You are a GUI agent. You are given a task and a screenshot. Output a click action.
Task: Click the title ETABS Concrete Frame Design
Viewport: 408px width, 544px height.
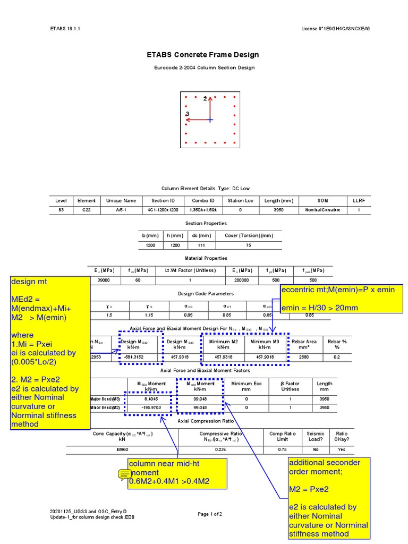pyautogui.click(x=203, y=55)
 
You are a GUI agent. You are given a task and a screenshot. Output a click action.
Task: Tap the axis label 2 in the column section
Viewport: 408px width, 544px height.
pyautogui.click(x=205, y=98)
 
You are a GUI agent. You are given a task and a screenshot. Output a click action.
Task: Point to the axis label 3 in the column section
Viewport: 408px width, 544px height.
pyautogui.click(x=187, y=114)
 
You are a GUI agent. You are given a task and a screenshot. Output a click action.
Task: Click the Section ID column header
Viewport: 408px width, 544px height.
pyautogui.click(x=163, y=201)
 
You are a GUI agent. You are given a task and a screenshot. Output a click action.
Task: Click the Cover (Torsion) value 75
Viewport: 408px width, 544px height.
pyautogui.click(x=249, y=245)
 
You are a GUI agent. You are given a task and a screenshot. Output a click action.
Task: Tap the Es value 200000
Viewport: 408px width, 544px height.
pyautogui.click(x=241, y=280)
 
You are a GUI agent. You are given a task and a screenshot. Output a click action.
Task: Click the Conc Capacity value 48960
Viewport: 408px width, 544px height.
pyautogui.click(x=122, y=449)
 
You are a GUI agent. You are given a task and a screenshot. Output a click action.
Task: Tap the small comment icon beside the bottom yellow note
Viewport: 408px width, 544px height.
pyautogui.click(x=124, y=474)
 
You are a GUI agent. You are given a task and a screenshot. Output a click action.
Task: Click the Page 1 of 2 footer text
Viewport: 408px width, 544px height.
pyautogui.click(x=210, y=514)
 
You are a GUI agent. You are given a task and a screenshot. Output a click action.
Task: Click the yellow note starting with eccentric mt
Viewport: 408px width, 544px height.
pyautogui.click(x=342, y=298)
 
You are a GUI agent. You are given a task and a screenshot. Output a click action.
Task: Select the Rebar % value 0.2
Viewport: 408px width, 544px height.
pyautogui.click(x=337, y=357)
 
